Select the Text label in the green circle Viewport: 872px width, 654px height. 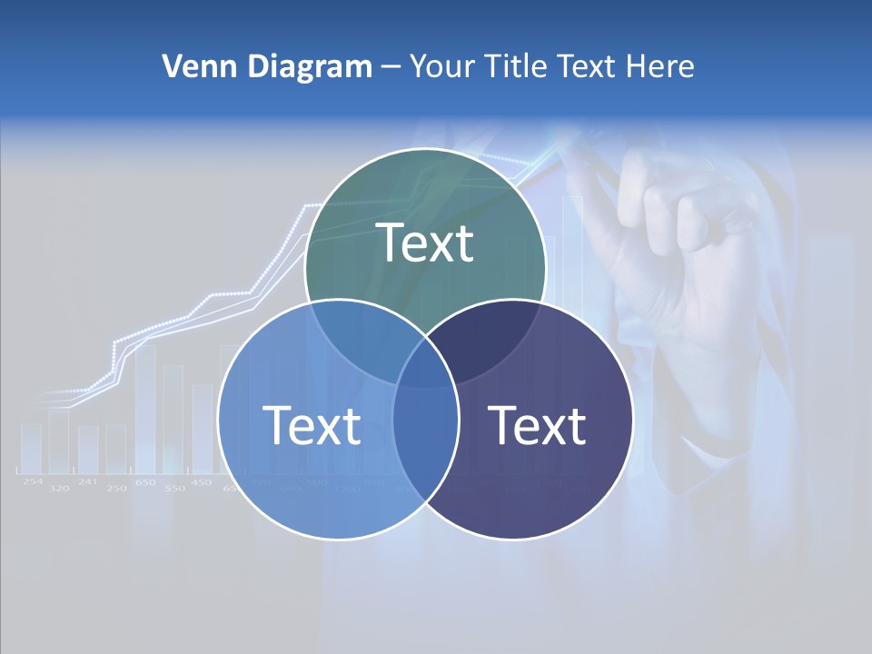pyautogui.click(x=425, y=243)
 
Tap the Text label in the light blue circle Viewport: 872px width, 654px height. pyautogui.click(x=312, y=424)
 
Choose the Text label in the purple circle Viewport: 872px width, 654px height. pyautogui.click(x=537, y=424)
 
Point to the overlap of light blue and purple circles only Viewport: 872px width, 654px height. pyautogui.click(x=425, y=454)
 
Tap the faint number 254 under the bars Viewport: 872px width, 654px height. pyautogui.click(x=33, y=481)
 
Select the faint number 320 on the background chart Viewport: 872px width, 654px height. pyautogui.click(x=59, y=489)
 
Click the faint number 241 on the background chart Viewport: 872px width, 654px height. pyautogui.click(x=87, y=481)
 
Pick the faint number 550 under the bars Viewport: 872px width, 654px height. pyautogui.click(x=173, y=489)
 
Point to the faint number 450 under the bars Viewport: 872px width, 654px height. pyautogui.click(x=201, y=482)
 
